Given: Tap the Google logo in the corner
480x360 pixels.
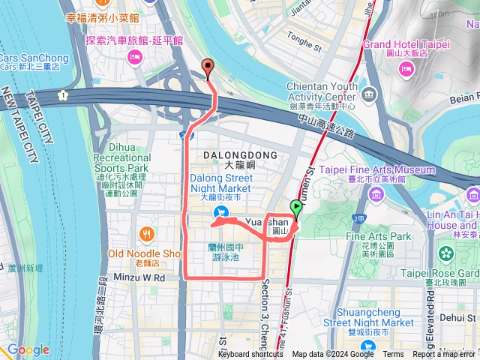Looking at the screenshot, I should [x=28, y=350].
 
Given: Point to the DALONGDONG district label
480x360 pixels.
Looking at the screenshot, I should [x=240, y=154].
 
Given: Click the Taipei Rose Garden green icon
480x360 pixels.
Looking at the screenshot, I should [x=448, y=254].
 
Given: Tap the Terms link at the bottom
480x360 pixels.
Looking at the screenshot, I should [x=393, y=355].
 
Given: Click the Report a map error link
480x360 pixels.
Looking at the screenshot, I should [x=444, y=355].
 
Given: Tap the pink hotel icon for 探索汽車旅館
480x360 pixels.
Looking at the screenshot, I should [x=135, y=57].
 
